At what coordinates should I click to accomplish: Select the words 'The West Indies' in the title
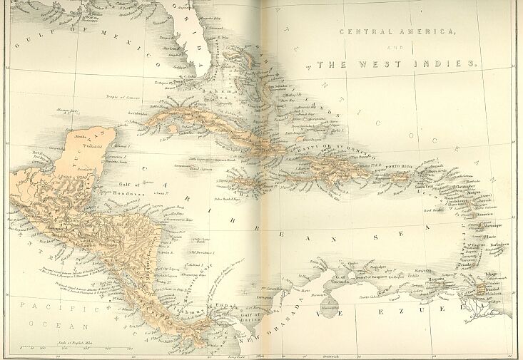tap(396, 64)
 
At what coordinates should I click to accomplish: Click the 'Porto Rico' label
tap(400, 167)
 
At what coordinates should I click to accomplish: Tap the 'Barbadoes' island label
tap(499, 245)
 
